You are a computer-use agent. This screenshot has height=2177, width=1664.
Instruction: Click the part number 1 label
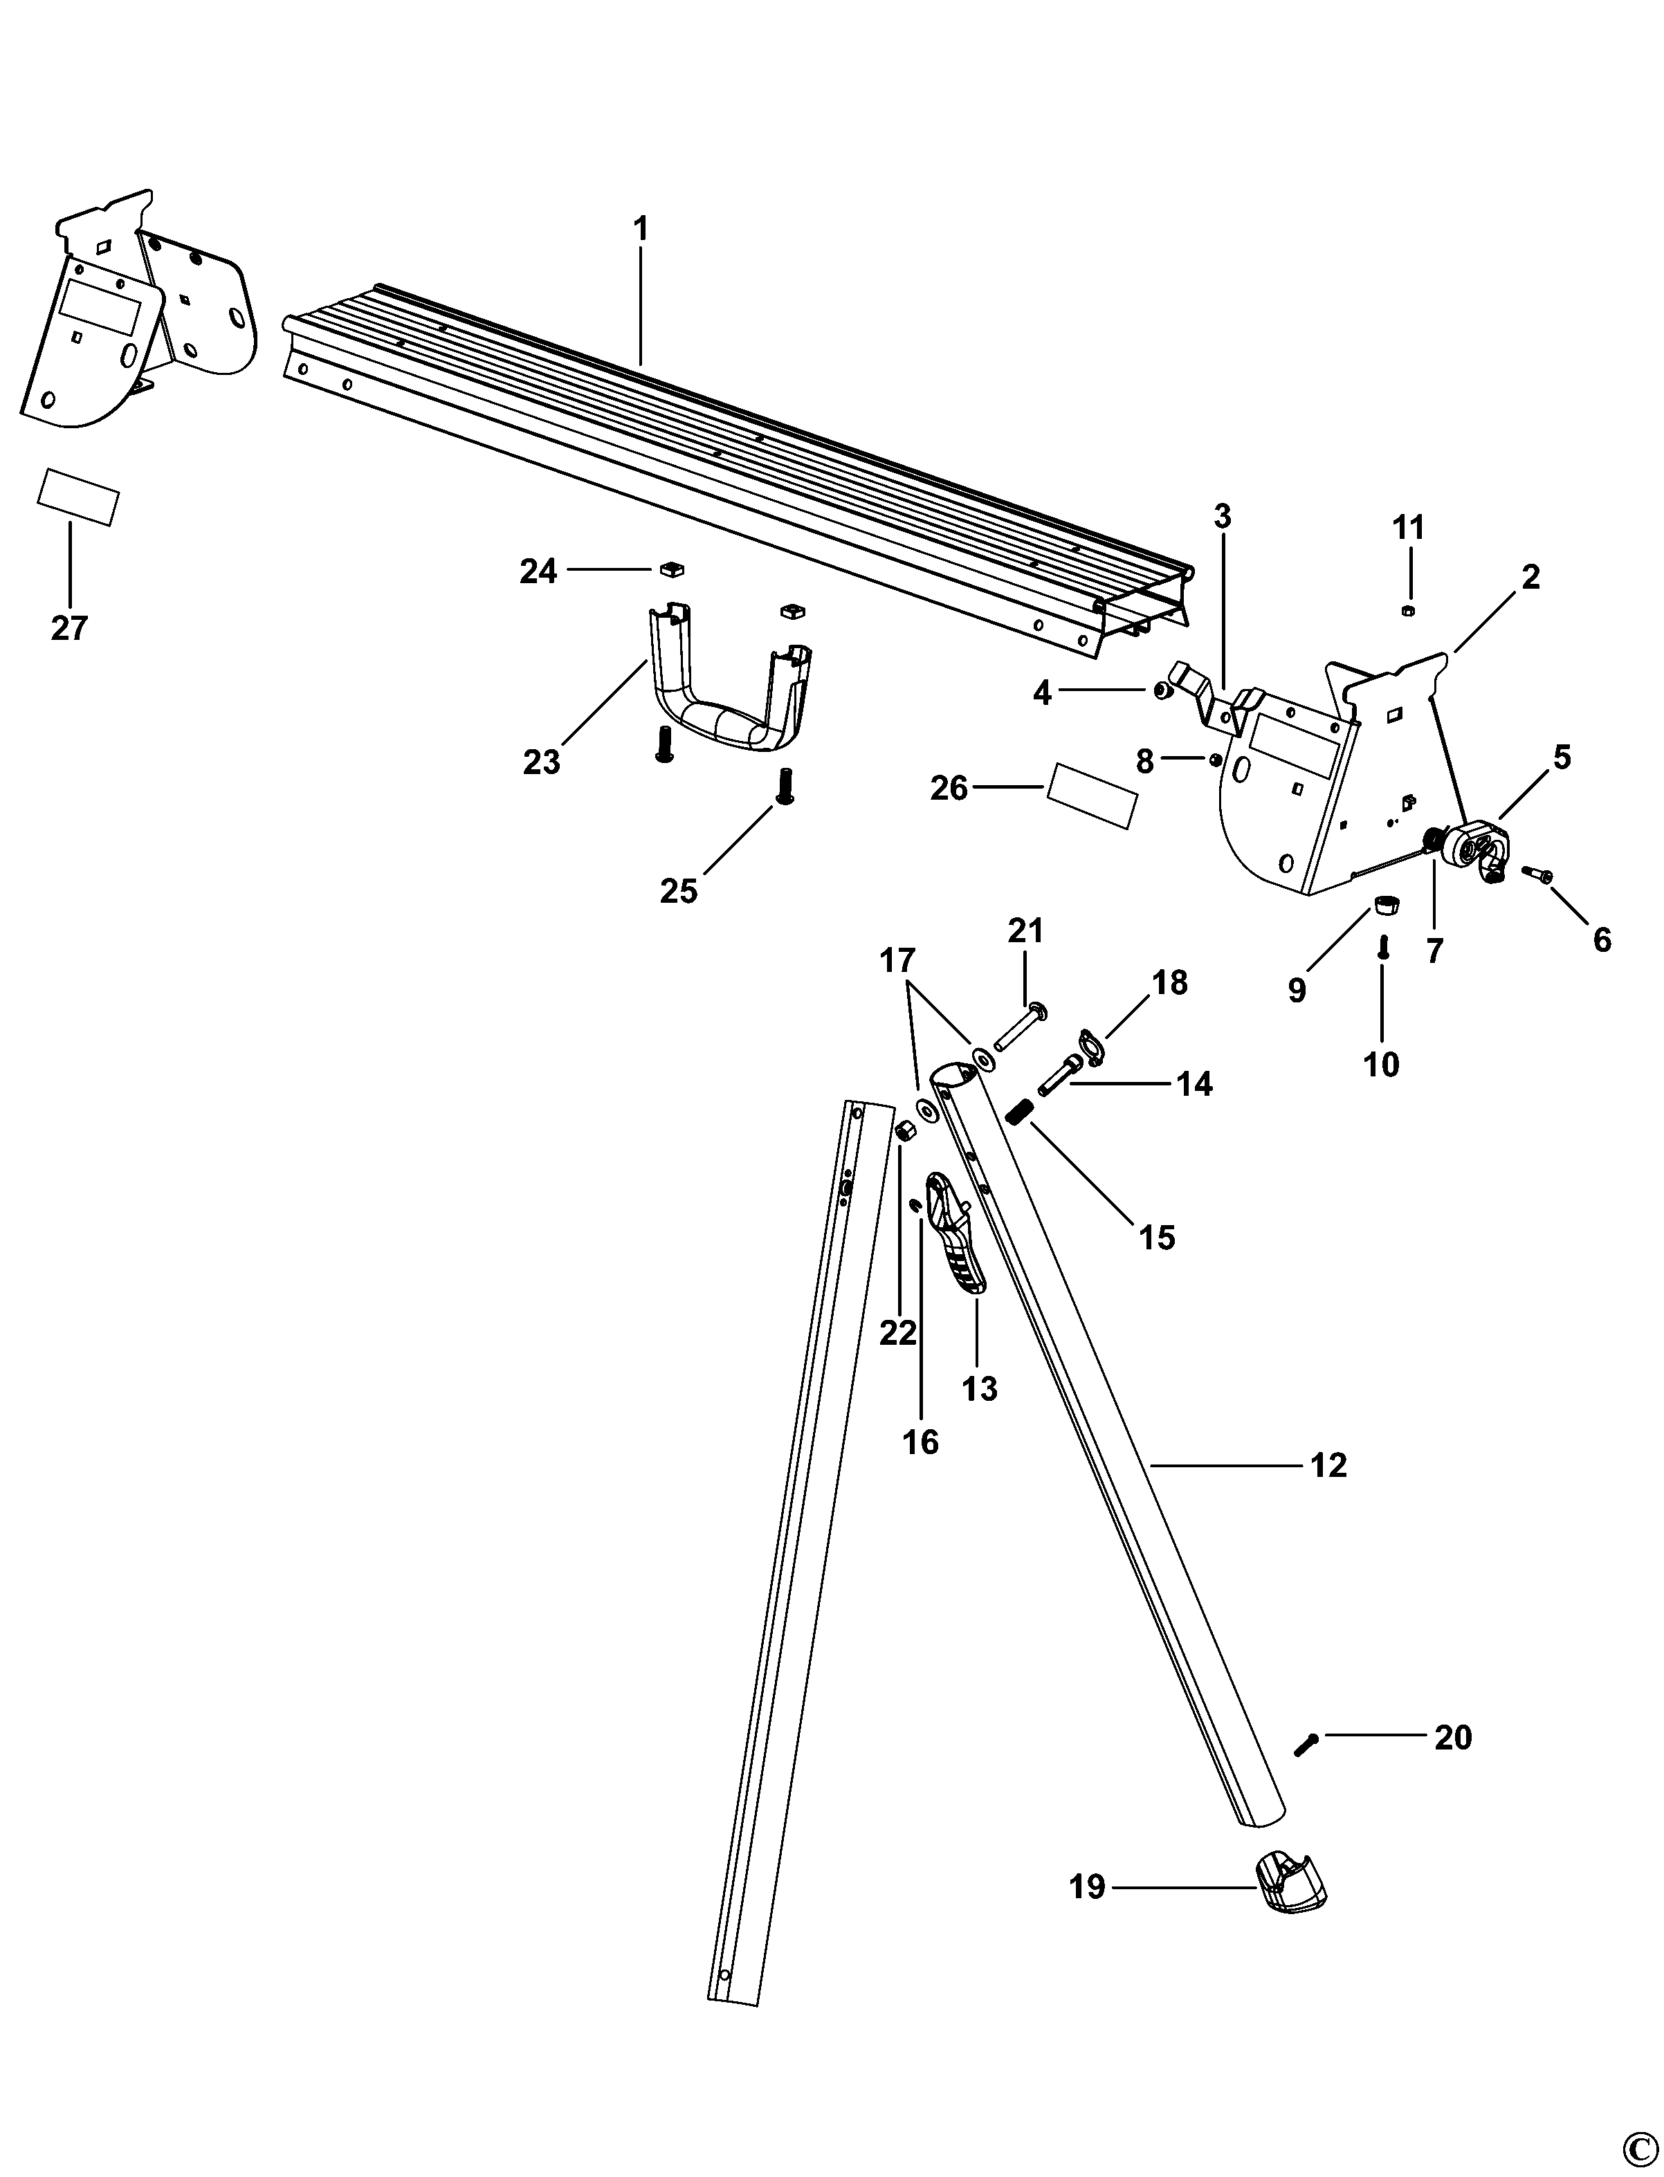pyautogui.click(x=640, y=230)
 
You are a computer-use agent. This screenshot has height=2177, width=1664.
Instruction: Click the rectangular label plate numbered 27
pyautogui.click(x=78, y=497)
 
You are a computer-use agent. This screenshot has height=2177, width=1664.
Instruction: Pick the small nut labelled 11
pyautogui.click(x=1407, y=610)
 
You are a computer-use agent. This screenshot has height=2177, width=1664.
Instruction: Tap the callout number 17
pyautogui.click(x=897, y=961)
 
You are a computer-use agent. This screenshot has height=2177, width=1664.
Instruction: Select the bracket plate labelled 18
pyautogui.click(x=1090, y=1048)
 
